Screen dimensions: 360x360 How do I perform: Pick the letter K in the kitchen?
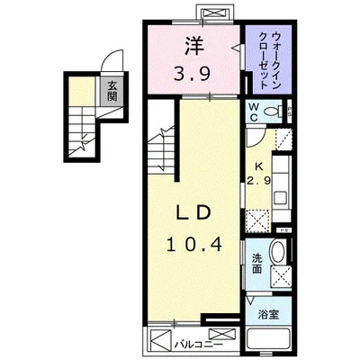(258, 166)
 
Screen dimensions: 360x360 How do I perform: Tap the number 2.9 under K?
(258, 180)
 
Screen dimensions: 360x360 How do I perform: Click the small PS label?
(283, 231)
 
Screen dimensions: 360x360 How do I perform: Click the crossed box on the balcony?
(160, 344)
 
